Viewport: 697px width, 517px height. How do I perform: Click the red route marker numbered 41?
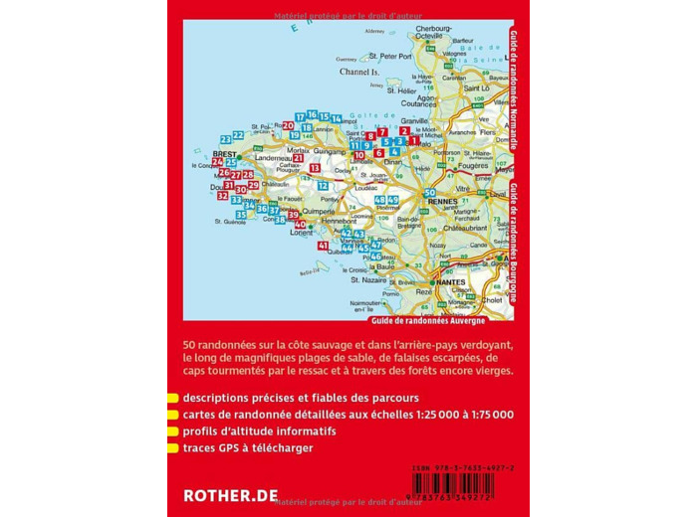(323, 245)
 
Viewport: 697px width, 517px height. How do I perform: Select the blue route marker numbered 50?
(430, 192)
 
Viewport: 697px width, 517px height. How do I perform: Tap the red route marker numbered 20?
(288, 125)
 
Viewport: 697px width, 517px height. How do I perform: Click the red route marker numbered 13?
(315, 169)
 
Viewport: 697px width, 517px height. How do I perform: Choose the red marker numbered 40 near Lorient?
(300, 225)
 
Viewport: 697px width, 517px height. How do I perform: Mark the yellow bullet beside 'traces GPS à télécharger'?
(173, 448)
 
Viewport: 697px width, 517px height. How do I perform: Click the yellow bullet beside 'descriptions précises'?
(173, 397)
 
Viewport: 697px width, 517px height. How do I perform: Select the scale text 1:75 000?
(487, 414)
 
